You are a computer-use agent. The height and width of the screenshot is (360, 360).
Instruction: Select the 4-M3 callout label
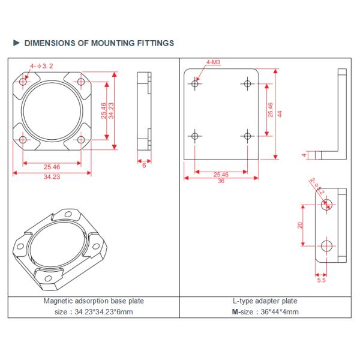[x=212, y=62]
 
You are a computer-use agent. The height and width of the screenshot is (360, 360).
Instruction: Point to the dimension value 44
[x=280, y=113]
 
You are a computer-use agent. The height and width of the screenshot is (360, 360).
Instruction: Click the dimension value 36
[x=220, y=181]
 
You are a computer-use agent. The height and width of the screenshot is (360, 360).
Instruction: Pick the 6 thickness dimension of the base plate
[x=144, y=165]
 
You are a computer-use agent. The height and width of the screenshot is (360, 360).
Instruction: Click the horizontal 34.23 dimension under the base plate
[x=52, y=177]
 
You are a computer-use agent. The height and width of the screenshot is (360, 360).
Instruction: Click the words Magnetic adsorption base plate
[x=94, y=301]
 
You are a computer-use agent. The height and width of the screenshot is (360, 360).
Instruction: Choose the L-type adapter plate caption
[x=265, y=301]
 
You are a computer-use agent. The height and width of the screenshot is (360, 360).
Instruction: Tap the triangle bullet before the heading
[x=16, y=43]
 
